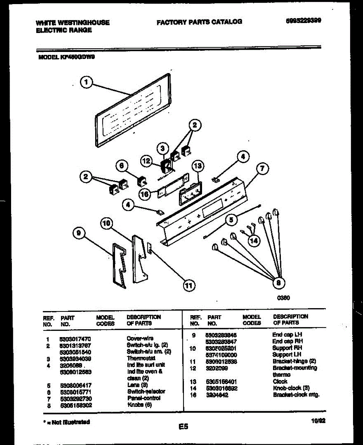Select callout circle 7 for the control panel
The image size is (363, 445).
(262, 169)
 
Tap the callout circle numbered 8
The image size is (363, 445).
(278, 283)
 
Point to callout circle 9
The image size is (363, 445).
(79, 233)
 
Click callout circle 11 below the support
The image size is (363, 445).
(189, 285)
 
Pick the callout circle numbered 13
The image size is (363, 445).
(198, 165)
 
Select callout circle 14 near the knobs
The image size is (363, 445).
(253, 241)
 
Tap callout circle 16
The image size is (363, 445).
(145, 194)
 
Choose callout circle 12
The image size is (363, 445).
(147, 161)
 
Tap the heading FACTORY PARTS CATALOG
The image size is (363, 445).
(199, 22)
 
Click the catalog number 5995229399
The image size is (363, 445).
(303, 21)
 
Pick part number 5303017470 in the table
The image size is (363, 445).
(75, 339)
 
